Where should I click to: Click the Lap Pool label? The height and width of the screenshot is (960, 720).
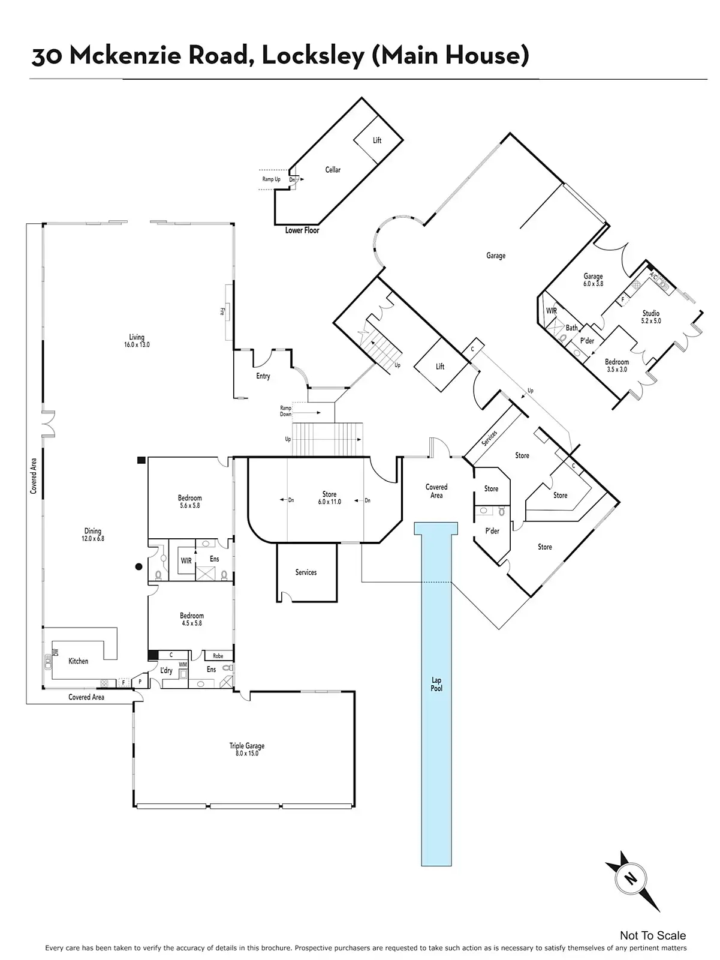[x=436, y=684]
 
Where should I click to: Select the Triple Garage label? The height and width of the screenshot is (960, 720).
[x=246, y=749]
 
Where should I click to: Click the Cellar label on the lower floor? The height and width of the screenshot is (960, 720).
[x=333, y=170]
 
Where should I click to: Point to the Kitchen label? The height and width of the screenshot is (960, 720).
[x=78, y=661]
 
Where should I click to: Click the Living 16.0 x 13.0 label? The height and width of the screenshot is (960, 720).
[x=137, y=341]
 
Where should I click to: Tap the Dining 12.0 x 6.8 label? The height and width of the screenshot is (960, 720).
[x=93, y=535]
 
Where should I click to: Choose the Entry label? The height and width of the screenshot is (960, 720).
[x=263, y=376]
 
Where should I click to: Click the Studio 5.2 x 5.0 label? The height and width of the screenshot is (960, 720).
[x=651, y=317]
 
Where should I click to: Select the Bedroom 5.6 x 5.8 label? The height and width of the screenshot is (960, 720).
[x=189, y=502]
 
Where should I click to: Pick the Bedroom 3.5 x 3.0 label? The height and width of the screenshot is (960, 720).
[x=616, y=365]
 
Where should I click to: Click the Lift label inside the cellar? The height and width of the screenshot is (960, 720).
[x=377, y=140]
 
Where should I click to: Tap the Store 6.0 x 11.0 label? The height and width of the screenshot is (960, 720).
[x=329, y=498]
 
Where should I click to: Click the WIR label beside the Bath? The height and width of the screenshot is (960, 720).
[x=552, y=311]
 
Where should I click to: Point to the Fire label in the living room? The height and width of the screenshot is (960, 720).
[x=222, y=311]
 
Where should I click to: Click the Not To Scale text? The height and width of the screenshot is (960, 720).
[x=653, y=935]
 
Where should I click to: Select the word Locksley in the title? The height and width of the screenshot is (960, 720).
[x=313, y=56]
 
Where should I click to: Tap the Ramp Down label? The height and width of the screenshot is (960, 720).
[x=286, y=411]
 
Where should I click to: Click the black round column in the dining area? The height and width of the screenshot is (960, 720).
[x=138, y=566]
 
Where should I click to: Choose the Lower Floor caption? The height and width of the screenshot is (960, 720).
[x=302, y=230]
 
